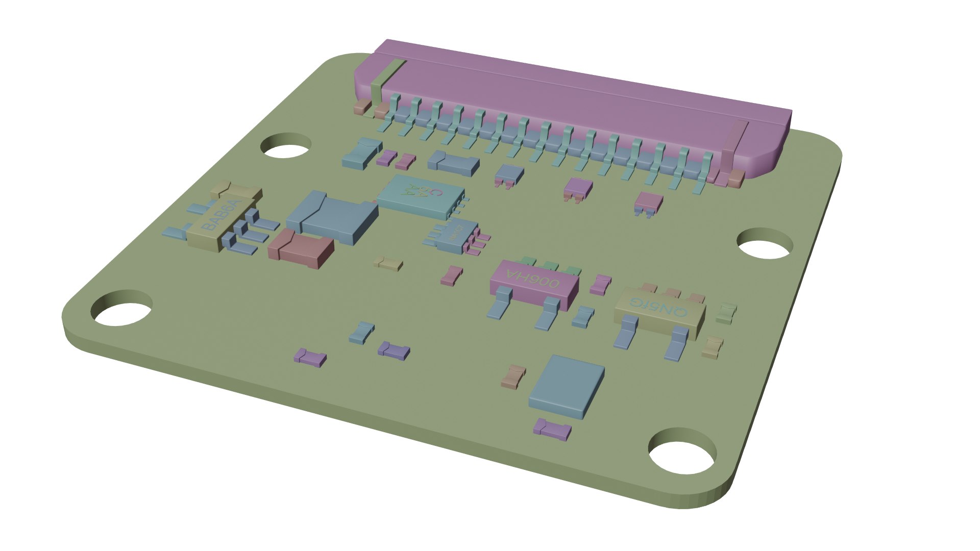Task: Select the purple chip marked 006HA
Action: coord(534,284)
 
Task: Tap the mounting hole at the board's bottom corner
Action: coord(683,451)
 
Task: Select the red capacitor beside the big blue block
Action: coord(301,249)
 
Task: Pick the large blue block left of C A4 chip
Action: coord(332,217)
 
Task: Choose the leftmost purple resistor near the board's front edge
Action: coord(310,357)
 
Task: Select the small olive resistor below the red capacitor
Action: coord(388,263)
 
